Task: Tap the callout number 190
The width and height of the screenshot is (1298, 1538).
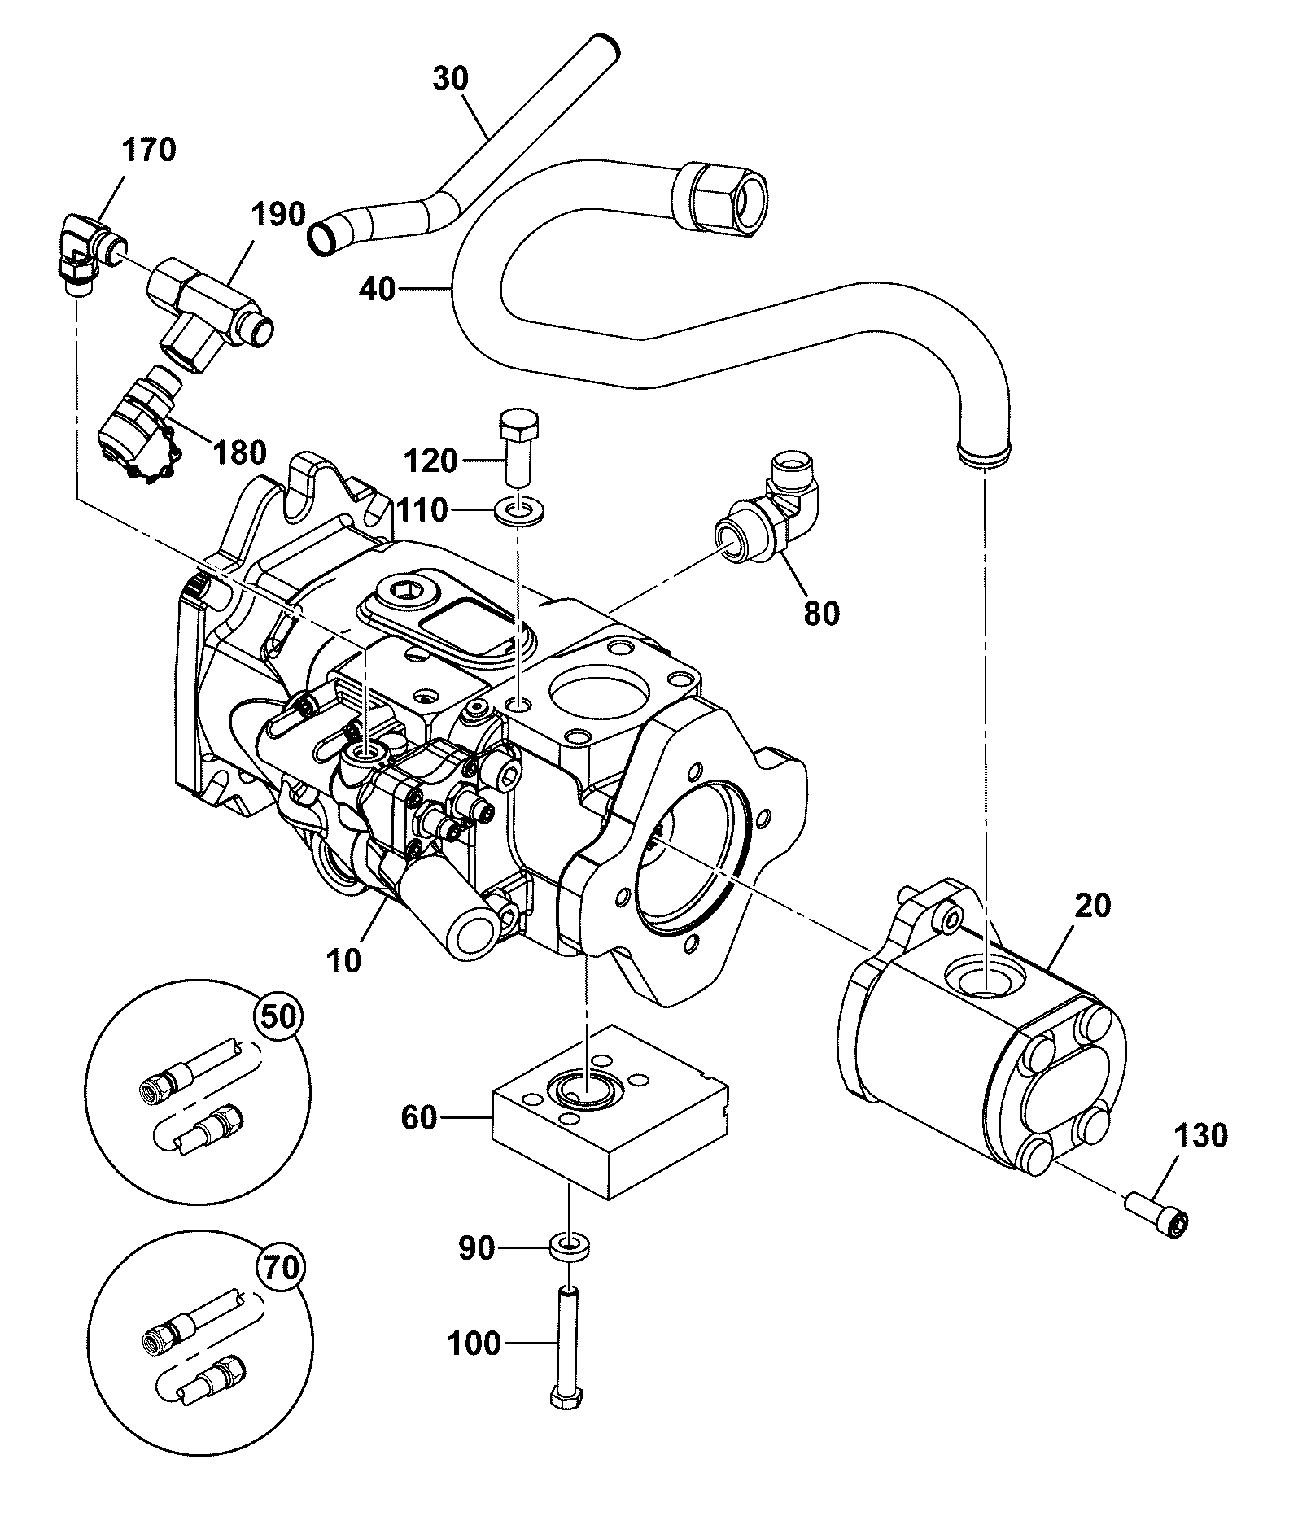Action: (278, 216)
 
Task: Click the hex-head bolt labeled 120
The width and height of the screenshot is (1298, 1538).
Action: (517, 448)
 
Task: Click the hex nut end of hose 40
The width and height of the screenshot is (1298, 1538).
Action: (720, 198)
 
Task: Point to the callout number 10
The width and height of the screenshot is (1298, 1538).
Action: (343, 961)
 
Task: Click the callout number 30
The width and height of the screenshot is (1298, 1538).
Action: (451, 79)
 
